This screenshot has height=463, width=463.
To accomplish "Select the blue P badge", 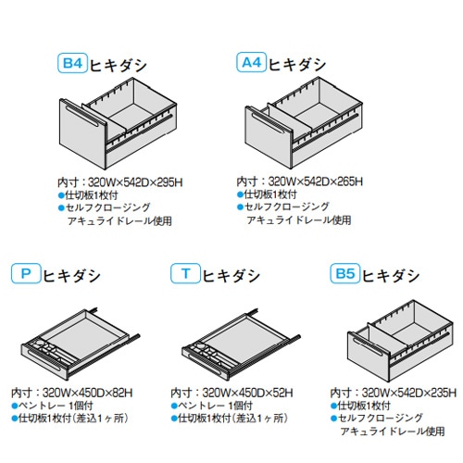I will (25, 274).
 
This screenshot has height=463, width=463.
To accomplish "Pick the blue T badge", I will (186, 274).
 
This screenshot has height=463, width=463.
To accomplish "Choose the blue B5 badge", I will (344, 274).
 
